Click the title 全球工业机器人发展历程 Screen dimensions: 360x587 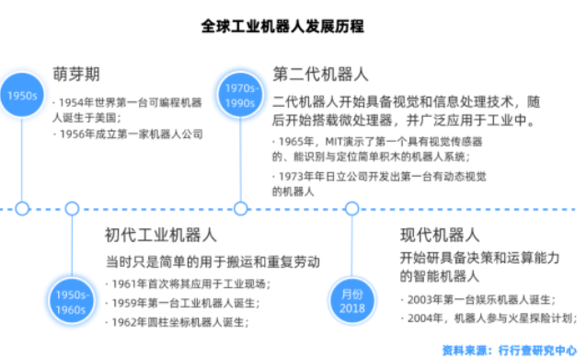[x=293, y=27]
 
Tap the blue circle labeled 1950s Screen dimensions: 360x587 [x=22, y=95]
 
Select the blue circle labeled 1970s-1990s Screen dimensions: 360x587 [x=241, y=95]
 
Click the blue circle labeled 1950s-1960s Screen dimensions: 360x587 [x=71, y=299]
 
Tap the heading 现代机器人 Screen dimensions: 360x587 [x=440, y=235]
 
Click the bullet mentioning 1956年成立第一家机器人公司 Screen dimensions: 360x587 [x=128, y=134]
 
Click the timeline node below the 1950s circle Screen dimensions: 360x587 [x=22, y=209]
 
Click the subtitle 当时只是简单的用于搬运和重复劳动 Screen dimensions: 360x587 [x=213, y=261]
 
